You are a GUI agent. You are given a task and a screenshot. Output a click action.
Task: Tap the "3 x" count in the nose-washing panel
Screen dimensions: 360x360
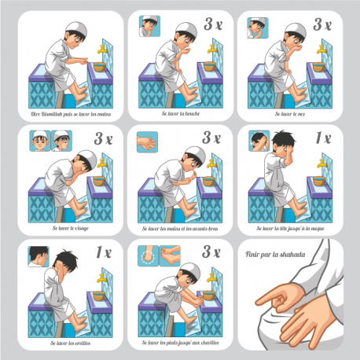click(x=322, y=25)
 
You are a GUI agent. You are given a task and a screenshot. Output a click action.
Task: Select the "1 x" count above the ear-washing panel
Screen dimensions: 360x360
click(x=103, y=253)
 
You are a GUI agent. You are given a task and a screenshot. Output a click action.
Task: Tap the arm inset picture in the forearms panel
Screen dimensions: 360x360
click(x=149, y=141)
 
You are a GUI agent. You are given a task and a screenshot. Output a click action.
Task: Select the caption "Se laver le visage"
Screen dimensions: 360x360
click(x=66, y=229)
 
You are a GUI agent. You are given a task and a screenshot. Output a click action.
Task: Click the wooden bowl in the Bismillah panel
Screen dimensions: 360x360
click(x=100, y=67)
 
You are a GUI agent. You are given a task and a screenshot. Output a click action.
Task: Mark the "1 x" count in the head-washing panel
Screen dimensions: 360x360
click(x=322, y=138)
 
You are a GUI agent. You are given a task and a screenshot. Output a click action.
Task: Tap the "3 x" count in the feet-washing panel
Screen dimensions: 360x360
click(x=211, y=253)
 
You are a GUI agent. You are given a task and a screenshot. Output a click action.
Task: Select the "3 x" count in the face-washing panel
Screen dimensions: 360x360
click(x=103, y=138)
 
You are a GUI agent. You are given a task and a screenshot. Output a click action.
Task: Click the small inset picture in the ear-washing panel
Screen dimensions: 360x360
click(x=36, y=256)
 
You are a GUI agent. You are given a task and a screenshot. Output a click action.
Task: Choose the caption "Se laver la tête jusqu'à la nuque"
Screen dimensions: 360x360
click(x=288, y=229)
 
